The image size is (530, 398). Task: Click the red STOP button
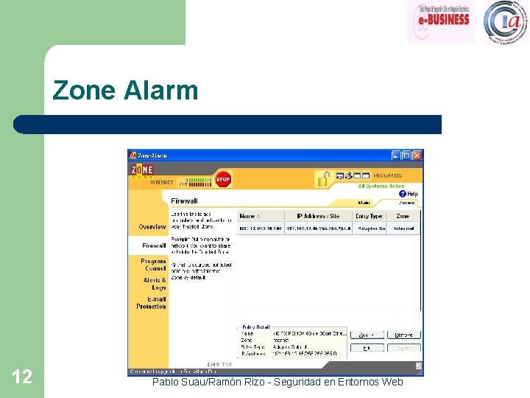222,179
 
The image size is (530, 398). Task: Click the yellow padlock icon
322,178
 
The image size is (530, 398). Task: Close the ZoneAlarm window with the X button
417,156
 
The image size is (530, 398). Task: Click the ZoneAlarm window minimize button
395,156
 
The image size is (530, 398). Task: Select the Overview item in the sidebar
152,227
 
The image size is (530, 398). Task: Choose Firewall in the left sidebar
154,245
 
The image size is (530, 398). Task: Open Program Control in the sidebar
154,265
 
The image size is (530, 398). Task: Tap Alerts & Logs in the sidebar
155,284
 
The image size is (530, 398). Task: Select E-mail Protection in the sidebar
152,303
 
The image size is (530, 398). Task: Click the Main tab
364,203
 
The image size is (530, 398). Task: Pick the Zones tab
407,203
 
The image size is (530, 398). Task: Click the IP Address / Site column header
318,216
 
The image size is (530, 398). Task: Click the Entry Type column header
369,216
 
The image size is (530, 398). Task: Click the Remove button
403,335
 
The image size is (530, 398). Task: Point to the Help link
409,194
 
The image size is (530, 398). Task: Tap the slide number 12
22,377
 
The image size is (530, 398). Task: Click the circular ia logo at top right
506,21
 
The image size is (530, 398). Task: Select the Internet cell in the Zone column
404,229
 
